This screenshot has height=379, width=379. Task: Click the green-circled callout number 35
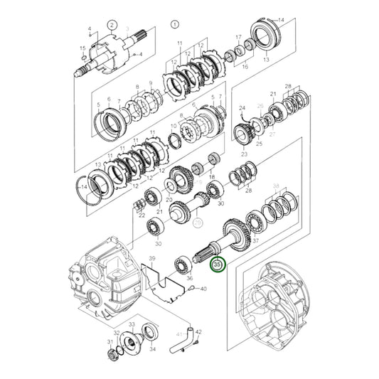(x=217, y=266)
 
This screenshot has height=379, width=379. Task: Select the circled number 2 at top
(x=112, y=25)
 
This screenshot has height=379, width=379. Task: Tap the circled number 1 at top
(x=174, y=25)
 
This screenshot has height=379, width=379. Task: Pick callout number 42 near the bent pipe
(x=198, y=332)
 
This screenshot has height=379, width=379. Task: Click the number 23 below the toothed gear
(x=244, y=154)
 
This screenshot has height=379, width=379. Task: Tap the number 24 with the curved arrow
(x=242, y=109)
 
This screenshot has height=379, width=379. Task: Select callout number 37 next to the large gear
(x=255, y=241)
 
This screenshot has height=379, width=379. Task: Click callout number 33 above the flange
(x=131, y=325)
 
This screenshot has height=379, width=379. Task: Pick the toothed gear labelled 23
(x=245, y=133)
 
